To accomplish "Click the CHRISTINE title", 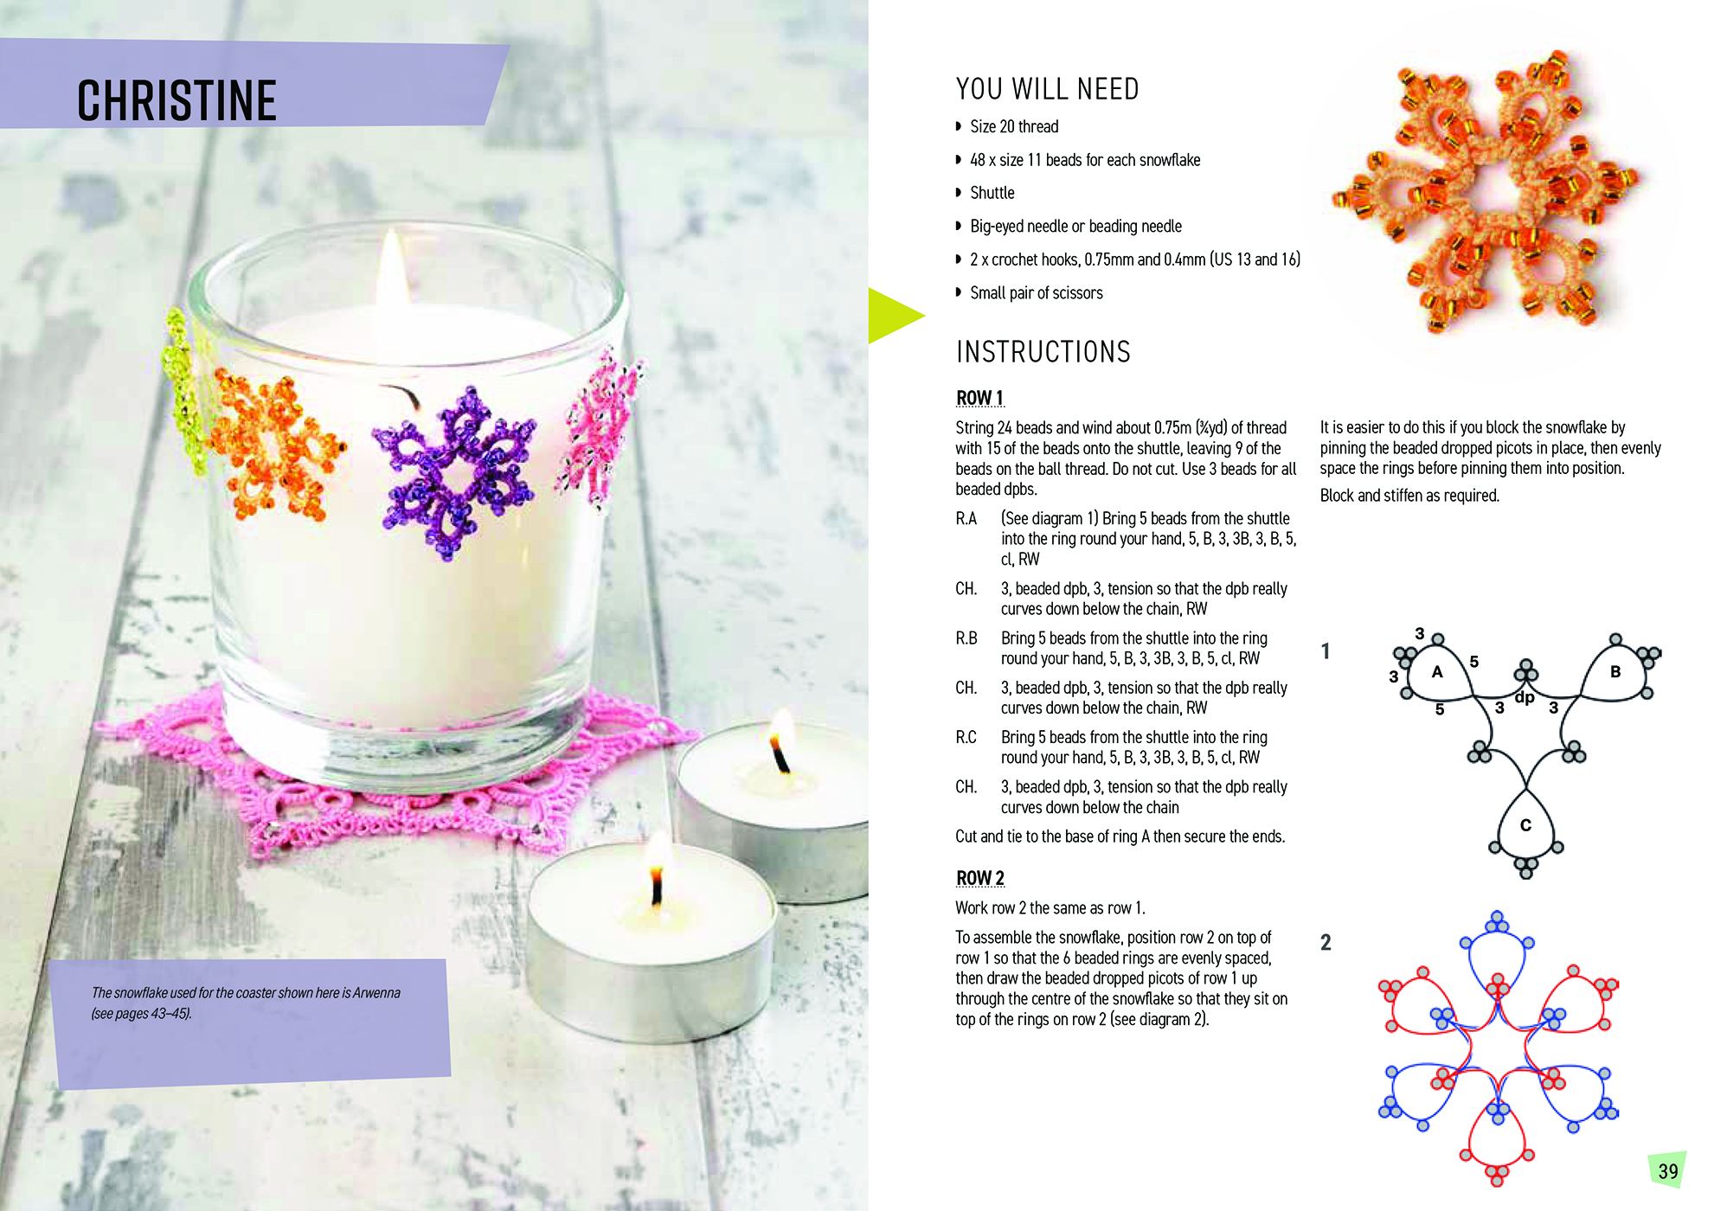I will pyautogui.click(x=177, y=100).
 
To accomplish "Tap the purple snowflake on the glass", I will pyautogui.click(x=454, y=471).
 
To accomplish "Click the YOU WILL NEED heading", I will pyautogui.click(x=1047, y=89).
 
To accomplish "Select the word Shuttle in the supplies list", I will pyautogui.click(x=992, y=193).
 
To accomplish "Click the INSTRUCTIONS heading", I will pyautogui.click(x=1043, y=352).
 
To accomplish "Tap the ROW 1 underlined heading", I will pyautogui.click(x=979, y=398).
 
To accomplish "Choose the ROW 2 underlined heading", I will pyautogui.click(x=979, y=878).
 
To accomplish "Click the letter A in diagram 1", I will pyautogui.click(x=1437, y=672).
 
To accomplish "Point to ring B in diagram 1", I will pyautogui.click(x=1615, y=672).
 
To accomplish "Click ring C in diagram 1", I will pyautogui.click(x=1525, y=826).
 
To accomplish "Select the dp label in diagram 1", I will pyautogui.click(x=1525, y=697).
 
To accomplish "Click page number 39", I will pyautogui.click(x=1668, y=1171).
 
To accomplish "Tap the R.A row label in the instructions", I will pyautogui.click(x=966, y=518).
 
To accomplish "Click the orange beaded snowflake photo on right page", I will pyautogui.click(x=1484, y=190).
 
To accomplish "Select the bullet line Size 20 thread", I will pyautogui.click(x=1013, y=127).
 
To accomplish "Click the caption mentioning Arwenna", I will pyautogui.click(x=246, y=1003).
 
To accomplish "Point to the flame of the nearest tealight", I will pyautogui.click(x=658, y=878).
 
